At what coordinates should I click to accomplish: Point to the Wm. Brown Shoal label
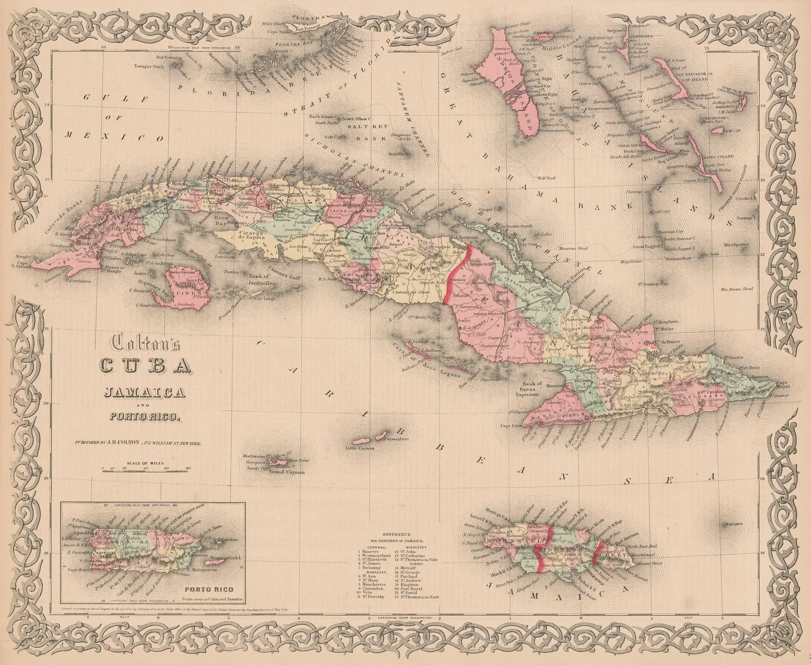[738, 289]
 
